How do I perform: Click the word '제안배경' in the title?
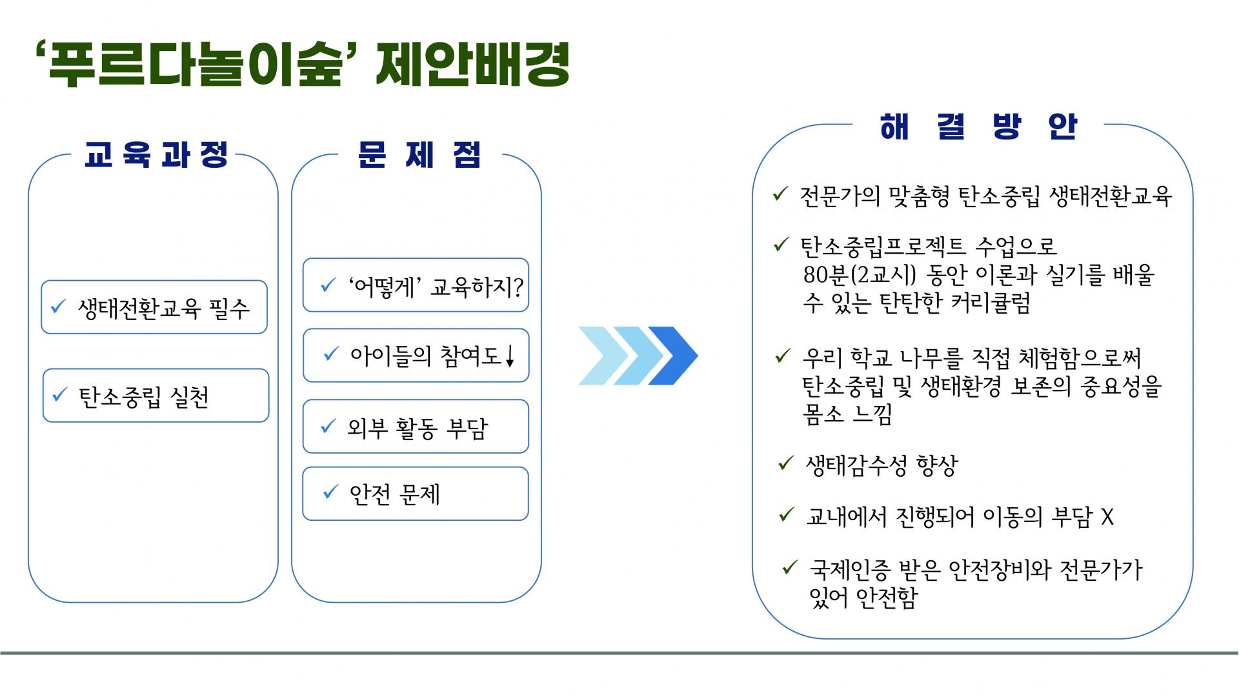click(x=472, y=65)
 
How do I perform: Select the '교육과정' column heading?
click(x=156, y=155)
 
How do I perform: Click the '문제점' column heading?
click(x=419, y=155)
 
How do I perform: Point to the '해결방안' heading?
click(x=978, y=126)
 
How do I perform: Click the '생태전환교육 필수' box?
click(x=154, y=307)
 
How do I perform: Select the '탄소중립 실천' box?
click(x=156, y=396)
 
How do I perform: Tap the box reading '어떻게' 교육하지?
click(x=416, y=285)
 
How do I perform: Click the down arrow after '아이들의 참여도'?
click(x=510, y=356)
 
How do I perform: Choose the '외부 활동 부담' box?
click(x=416, y=427)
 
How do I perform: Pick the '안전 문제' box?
click(x=416, y=494)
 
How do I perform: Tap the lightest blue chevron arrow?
click(x=602, y=356)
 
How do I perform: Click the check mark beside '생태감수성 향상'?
click(x=785, y=463)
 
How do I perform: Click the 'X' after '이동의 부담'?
click(x=1107, y=517)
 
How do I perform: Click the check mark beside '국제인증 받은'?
click(x=790, y=567)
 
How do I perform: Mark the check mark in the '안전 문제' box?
click(x=330, y=492)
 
